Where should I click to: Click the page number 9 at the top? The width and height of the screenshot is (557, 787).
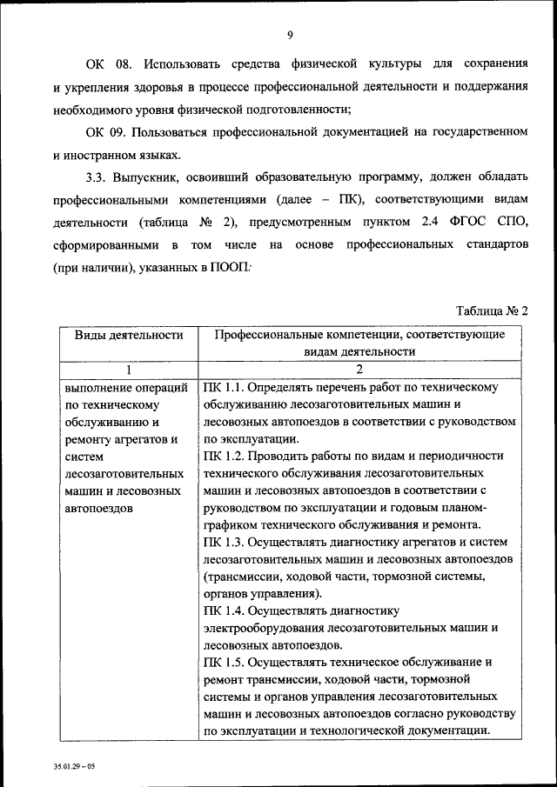289,35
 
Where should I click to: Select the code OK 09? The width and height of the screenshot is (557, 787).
107,131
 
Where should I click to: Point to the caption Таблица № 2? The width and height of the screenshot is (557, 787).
493,310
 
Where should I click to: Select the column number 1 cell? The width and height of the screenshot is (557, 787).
127,369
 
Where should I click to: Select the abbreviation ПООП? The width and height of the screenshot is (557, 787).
227,268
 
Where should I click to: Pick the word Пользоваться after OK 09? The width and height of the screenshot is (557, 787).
180,131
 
